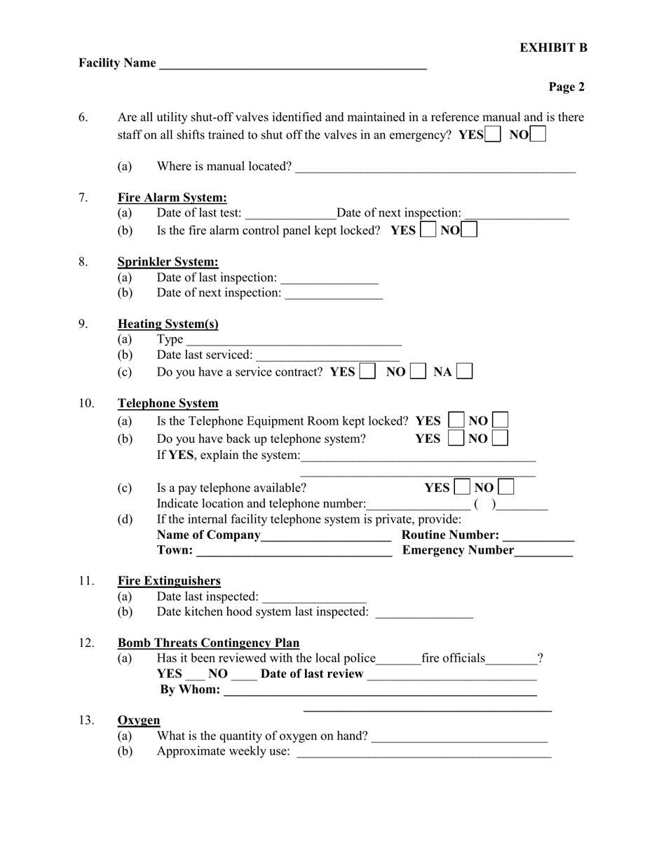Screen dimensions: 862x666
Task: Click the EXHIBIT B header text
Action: click(553, 48)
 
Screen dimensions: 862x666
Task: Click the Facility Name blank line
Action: click(293, 64)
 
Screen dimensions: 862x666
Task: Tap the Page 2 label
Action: click(566, 87)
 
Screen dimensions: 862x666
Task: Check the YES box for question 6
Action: click(493, 134)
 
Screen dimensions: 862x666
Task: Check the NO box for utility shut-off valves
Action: click(538, 134)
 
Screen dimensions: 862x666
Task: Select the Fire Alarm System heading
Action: click(172, 198)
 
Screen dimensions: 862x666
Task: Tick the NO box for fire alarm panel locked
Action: click(470, 230)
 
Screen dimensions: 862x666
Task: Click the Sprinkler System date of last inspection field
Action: click(329, 278)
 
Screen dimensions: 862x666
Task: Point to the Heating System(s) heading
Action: click(168, 324)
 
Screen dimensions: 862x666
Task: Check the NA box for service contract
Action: click(464, 371)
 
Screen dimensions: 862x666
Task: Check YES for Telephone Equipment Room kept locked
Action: click(456, 420)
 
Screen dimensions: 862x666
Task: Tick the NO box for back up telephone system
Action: click(500, 439)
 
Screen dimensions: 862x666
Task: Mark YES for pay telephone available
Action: click(462, 487)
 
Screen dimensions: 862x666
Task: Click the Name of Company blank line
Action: click(326, 536)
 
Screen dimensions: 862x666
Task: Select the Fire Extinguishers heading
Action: click(169, 580)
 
